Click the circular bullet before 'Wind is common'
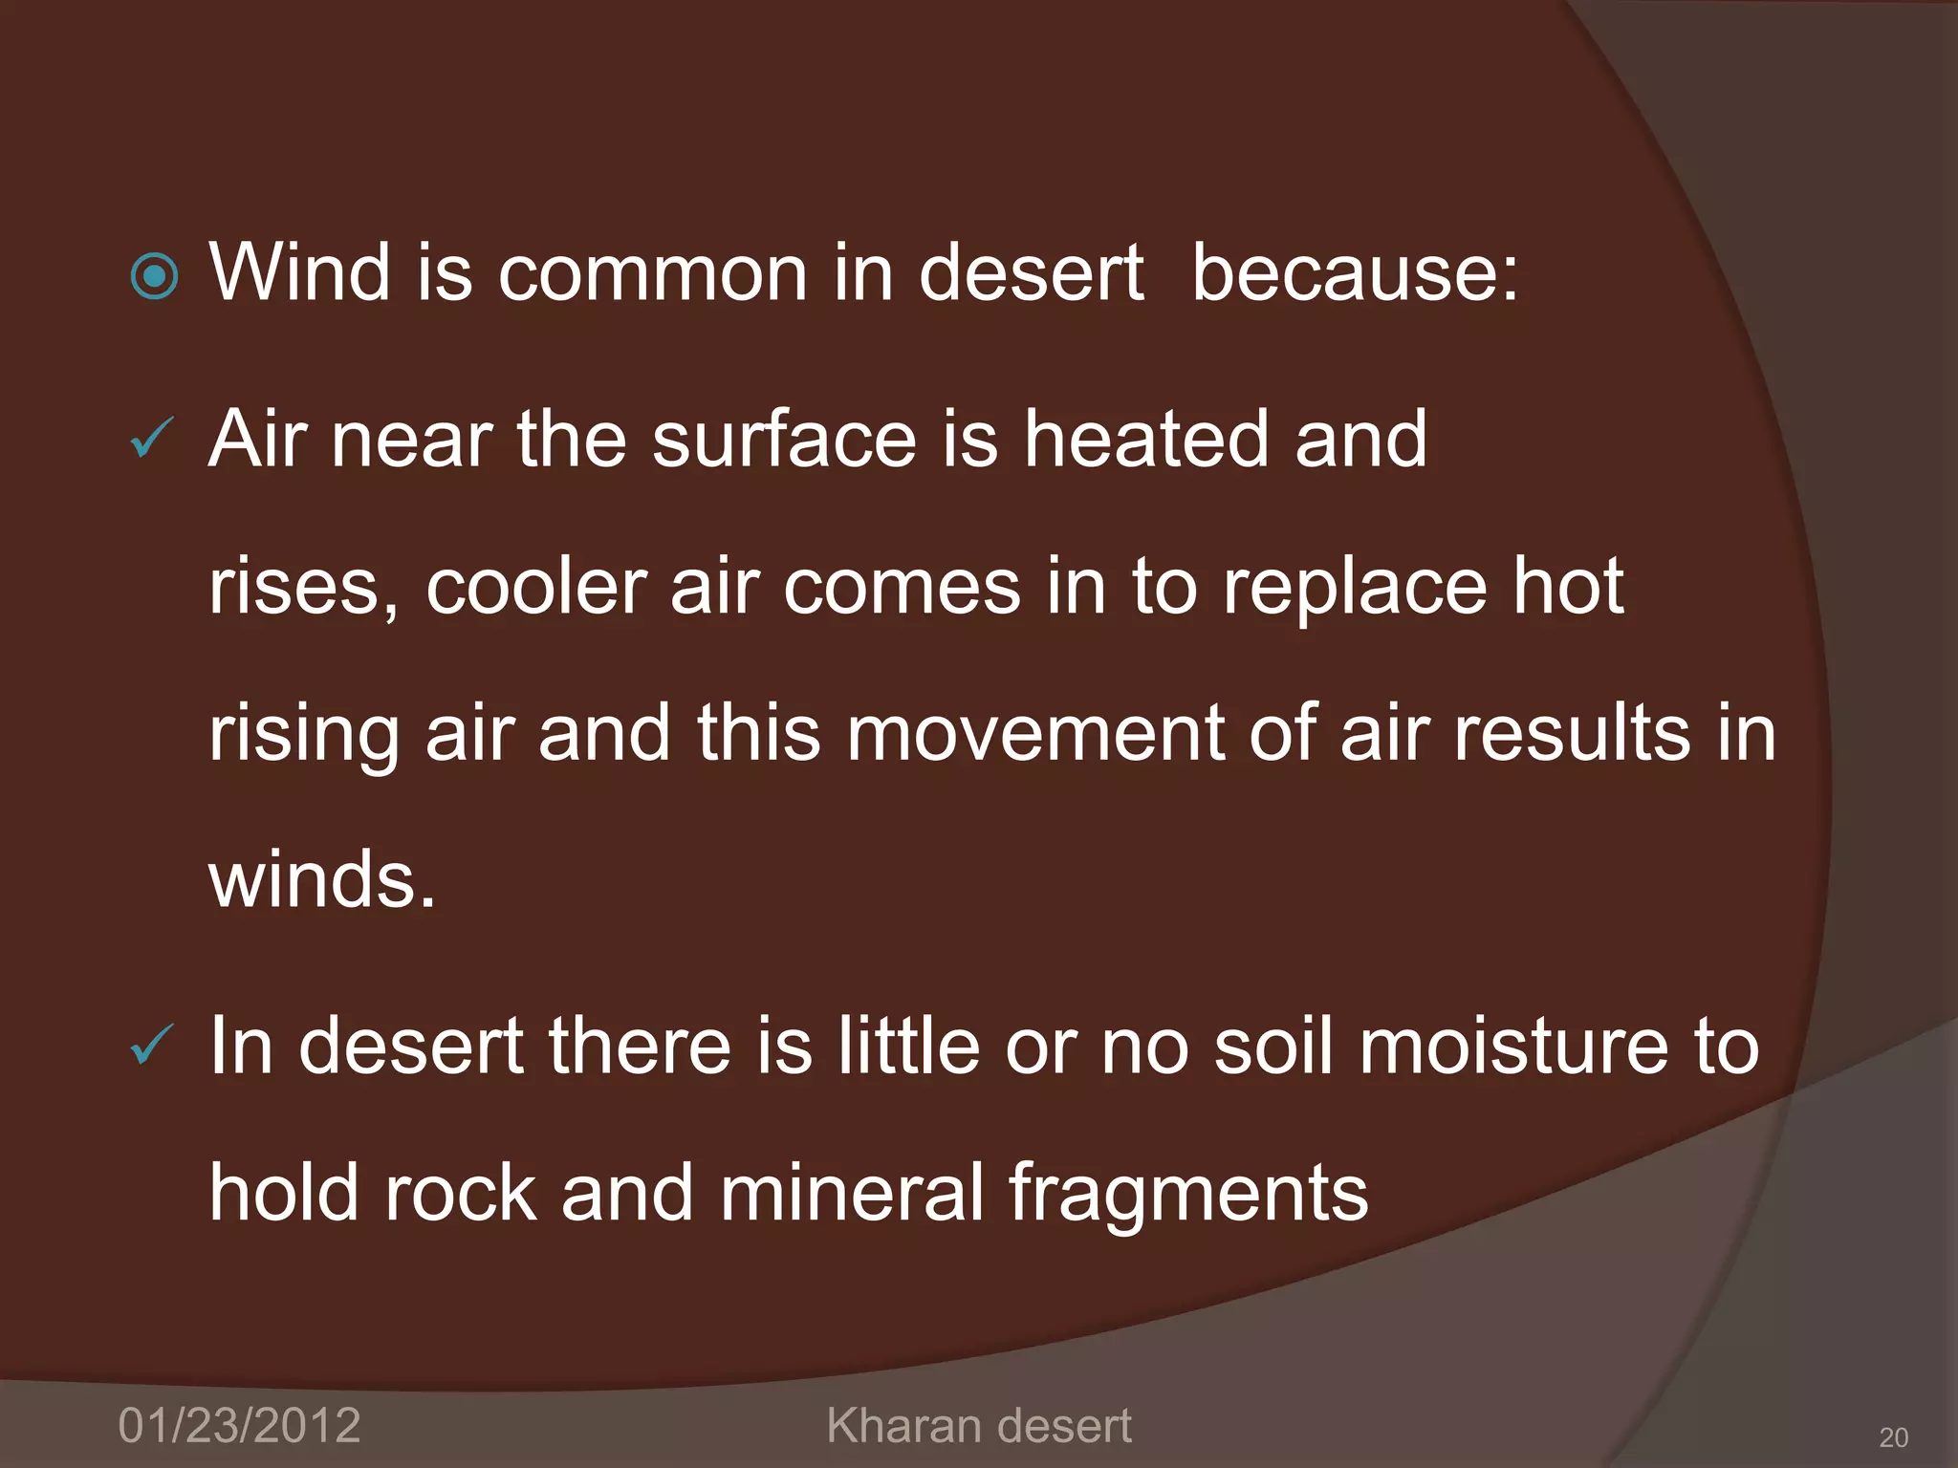pyautogui.click(x=154, y=277)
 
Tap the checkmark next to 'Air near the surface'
pyautogui.click(x=151, y=439)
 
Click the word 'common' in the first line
pyautogui.click(x=652, y=273)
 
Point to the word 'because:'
pyautogui.click(x=1355, y=273)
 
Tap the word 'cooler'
pyautogui.click(x=536, y=587)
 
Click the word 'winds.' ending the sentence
pyautogui.click(x=322, y=881)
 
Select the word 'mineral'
pyautogui.click(x=852, y=1193)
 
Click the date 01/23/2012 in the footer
pyautogui.click(x=239, y=1426)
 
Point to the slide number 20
pyautogui.click(x=1894, y=1437)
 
